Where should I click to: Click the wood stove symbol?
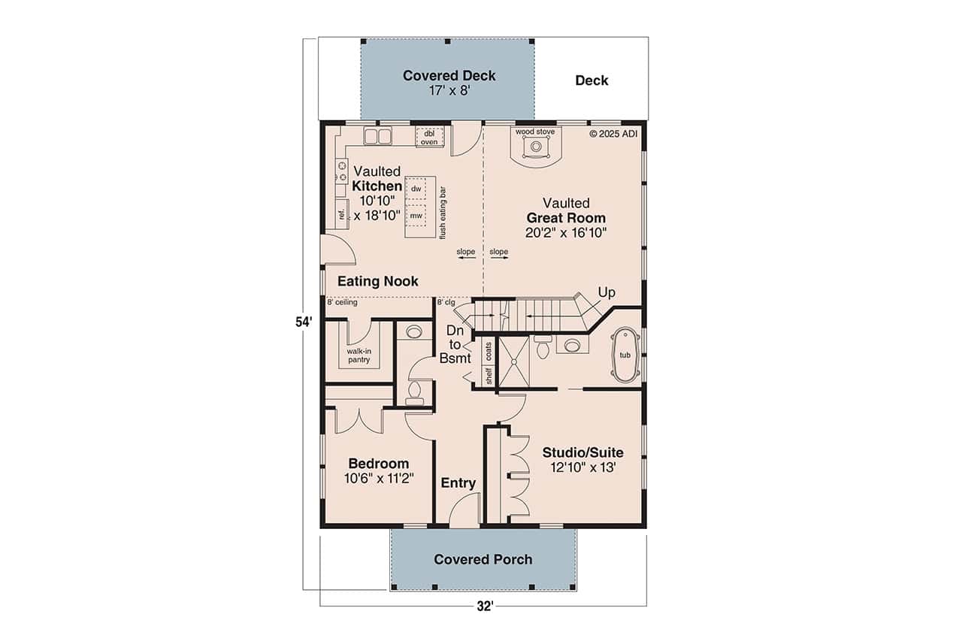click(535, 147)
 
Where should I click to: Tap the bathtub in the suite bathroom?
click(625, 355)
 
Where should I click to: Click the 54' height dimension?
click(303, 322)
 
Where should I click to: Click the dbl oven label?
click(429, 137)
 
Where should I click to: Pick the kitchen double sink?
click(378, 136)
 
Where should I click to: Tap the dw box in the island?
click(416, 189)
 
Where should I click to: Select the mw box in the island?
click(416, 216)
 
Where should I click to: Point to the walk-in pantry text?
click(358, 355)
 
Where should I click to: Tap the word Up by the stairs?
click(607, 291)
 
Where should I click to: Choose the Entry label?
click(458, 483)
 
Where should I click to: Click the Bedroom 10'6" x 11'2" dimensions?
click(378, 478)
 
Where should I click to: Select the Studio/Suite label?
click(582, 452)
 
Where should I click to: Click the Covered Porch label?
click(483, 559)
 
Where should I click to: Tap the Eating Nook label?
click(377, 281)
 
